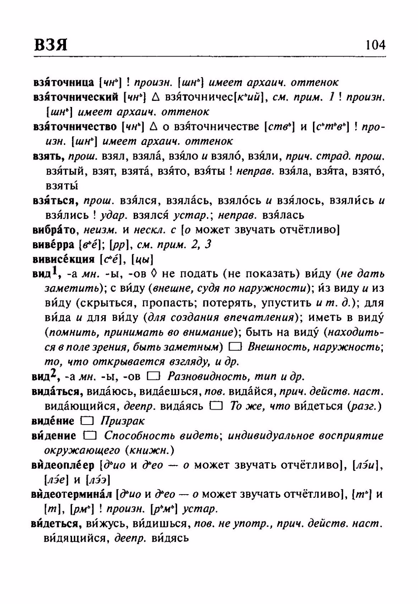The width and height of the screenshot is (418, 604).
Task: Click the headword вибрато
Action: point(54,230)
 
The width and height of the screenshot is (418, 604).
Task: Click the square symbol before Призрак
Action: point(87,421)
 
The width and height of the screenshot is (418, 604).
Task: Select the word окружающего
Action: point(82,451)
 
